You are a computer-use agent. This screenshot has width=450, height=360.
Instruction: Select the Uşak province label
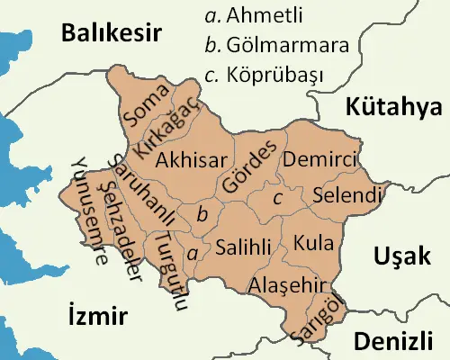(400, 256)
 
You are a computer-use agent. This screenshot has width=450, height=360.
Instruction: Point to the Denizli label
(395, 341)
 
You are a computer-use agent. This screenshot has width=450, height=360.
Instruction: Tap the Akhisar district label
(188, 160)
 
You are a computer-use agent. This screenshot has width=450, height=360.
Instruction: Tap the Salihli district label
(239, 246)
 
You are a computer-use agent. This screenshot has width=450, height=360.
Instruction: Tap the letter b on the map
(202, 213)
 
